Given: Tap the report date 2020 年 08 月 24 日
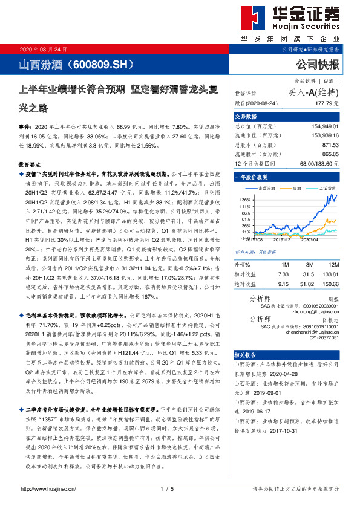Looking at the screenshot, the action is [x=44, y=49].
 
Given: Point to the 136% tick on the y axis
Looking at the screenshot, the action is [x=244, y=199].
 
